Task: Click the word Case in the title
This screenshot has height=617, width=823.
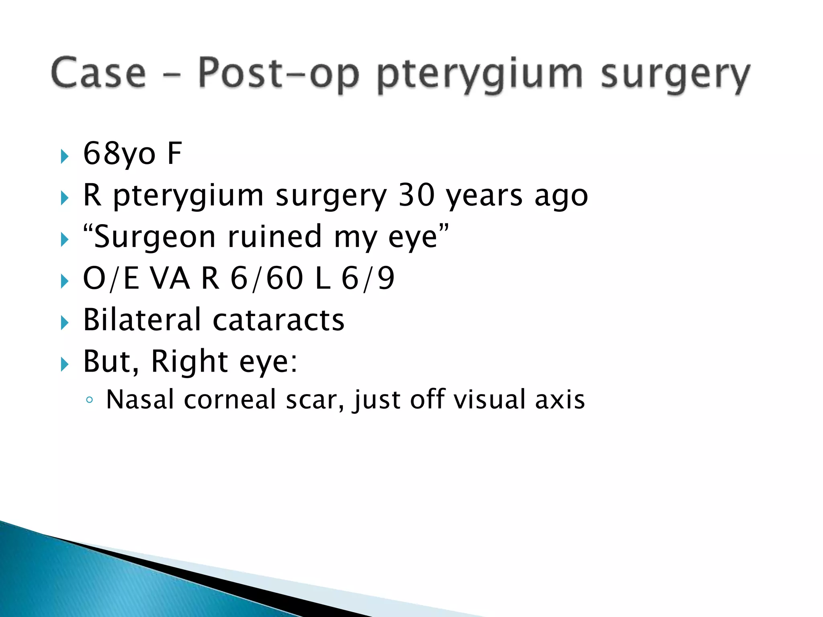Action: coord(98,73)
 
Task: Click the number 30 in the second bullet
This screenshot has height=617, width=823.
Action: coord(417,195)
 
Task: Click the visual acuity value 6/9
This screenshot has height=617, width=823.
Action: coord(368,278)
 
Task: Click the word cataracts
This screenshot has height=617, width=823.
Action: coord(278,321)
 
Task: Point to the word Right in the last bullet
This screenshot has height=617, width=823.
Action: coord(189,362)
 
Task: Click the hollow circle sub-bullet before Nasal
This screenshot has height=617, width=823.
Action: coord(90,400)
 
